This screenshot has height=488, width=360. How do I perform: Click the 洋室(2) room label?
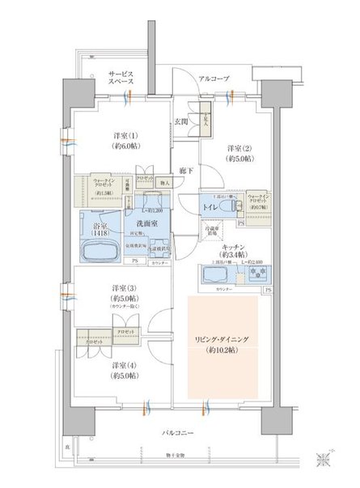point(237,149)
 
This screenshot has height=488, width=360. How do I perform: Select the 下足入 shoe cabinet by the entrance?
point(206,116)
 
